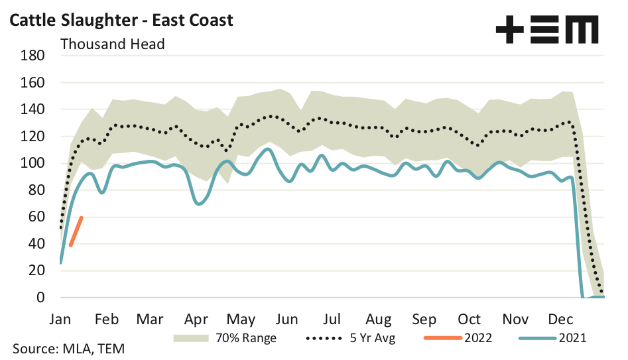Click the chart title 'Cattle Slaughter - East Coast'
tap(121, 20)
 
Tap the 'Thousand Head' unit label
tap(112, 44)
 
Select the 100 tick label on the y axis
tap(32, 163)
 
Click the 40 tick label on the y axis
tap(36, 244)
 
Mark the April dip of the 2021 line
tap(198, 203)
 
